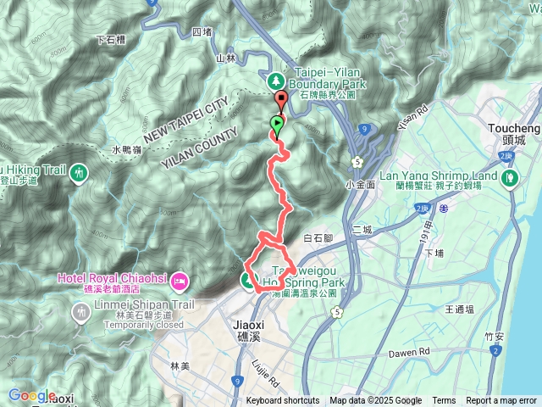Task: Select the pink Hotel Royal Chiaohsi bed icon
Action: click(178, 280)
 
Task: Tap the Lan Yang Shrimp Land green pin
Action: click(509, 179)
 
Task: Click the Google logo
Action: click(30, 396)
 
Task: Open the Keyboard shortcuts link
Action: click(283, 401)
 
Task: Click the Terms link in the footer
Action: click(444, 401)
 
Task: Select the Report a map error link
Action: click(501, 401)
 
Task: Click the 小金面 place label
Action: click(360, 183)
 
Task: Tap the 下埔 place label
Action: click(434, 253)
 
